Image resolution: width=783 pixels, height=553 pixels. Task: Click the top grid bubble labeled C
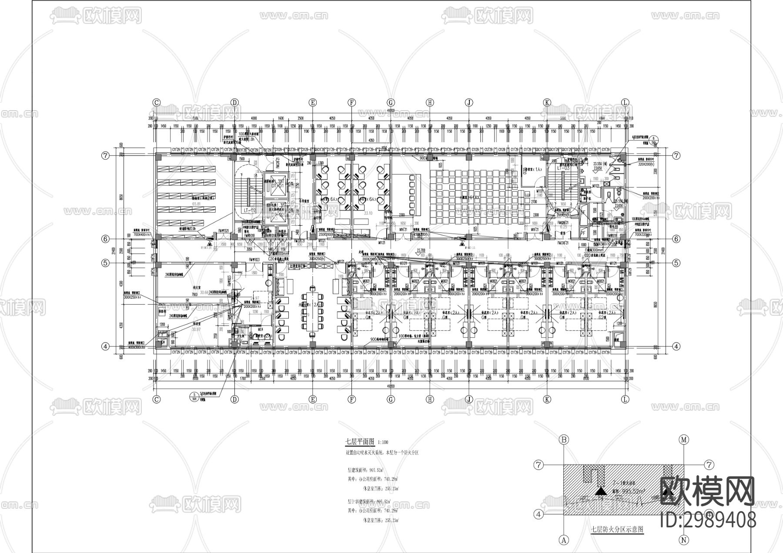[157, 103]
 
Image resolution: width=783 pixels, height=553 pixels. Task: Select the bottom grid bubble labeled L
[626, 399]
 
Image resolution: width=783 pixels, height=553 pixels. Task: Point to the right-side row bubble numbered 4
[676, 346]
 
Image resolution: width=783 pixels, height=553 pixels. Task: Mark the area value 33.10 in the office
[368, 213]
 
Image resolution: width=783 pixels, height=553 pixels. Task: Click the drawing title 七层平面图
[360, 441]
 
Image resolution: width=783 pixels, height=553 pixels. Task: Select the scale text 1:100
[384, 442]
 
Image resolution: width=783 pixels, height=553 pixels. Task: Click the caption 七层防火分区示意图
[616, 530]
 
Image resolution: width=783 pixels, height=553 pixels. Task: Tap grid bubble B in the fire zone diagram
[564, 440]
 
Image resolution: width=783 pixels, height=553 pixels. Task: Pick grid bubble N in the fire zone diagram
[684, 540]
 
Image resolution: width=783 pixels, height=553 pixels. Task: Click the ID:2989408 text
[708, 520]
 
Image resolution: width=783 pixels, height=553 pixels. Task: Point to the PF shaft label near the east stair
[583, 233]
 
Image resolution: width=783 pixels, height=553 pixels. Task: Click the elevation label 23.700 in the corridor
[421, 250]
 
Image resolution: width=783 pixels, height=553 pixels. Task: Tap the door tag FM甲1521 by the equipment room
[223, 231]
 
